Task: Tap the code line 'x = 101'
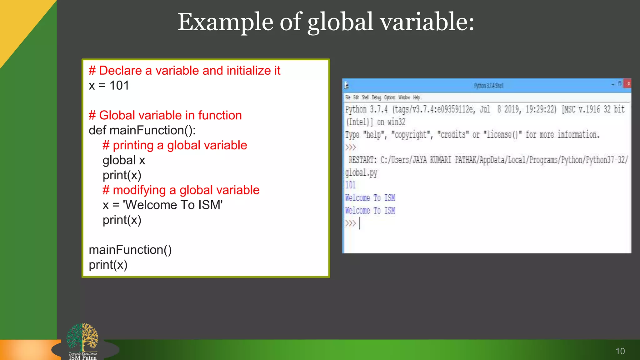pos(109,85)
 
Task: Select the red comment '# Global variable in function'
pos(165,115)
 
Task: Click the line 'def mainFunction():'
pos(142,130)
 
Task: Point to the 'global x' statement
pos(124,160)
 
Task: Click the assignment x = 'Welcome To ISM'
pos(162,205)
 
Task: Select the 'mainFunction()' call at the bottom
pos(130,250)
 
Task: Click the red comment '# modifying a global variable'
pos(181,190)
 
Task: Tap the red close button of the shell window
pos(628,84)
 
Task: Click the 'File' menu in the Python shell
pos(348,97)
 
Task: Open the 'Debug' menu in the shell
pos(376,97)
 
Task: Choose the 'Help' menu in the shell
pos(416,97)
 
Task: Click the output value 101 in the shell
pos(350,185)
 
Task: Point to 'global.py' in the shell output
pos(361,173)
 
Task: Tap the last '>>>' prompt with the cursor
pos(351,223)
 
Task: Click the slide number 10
pos(620,351)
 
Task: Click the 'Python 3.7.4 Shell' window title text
pos(488,86)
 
